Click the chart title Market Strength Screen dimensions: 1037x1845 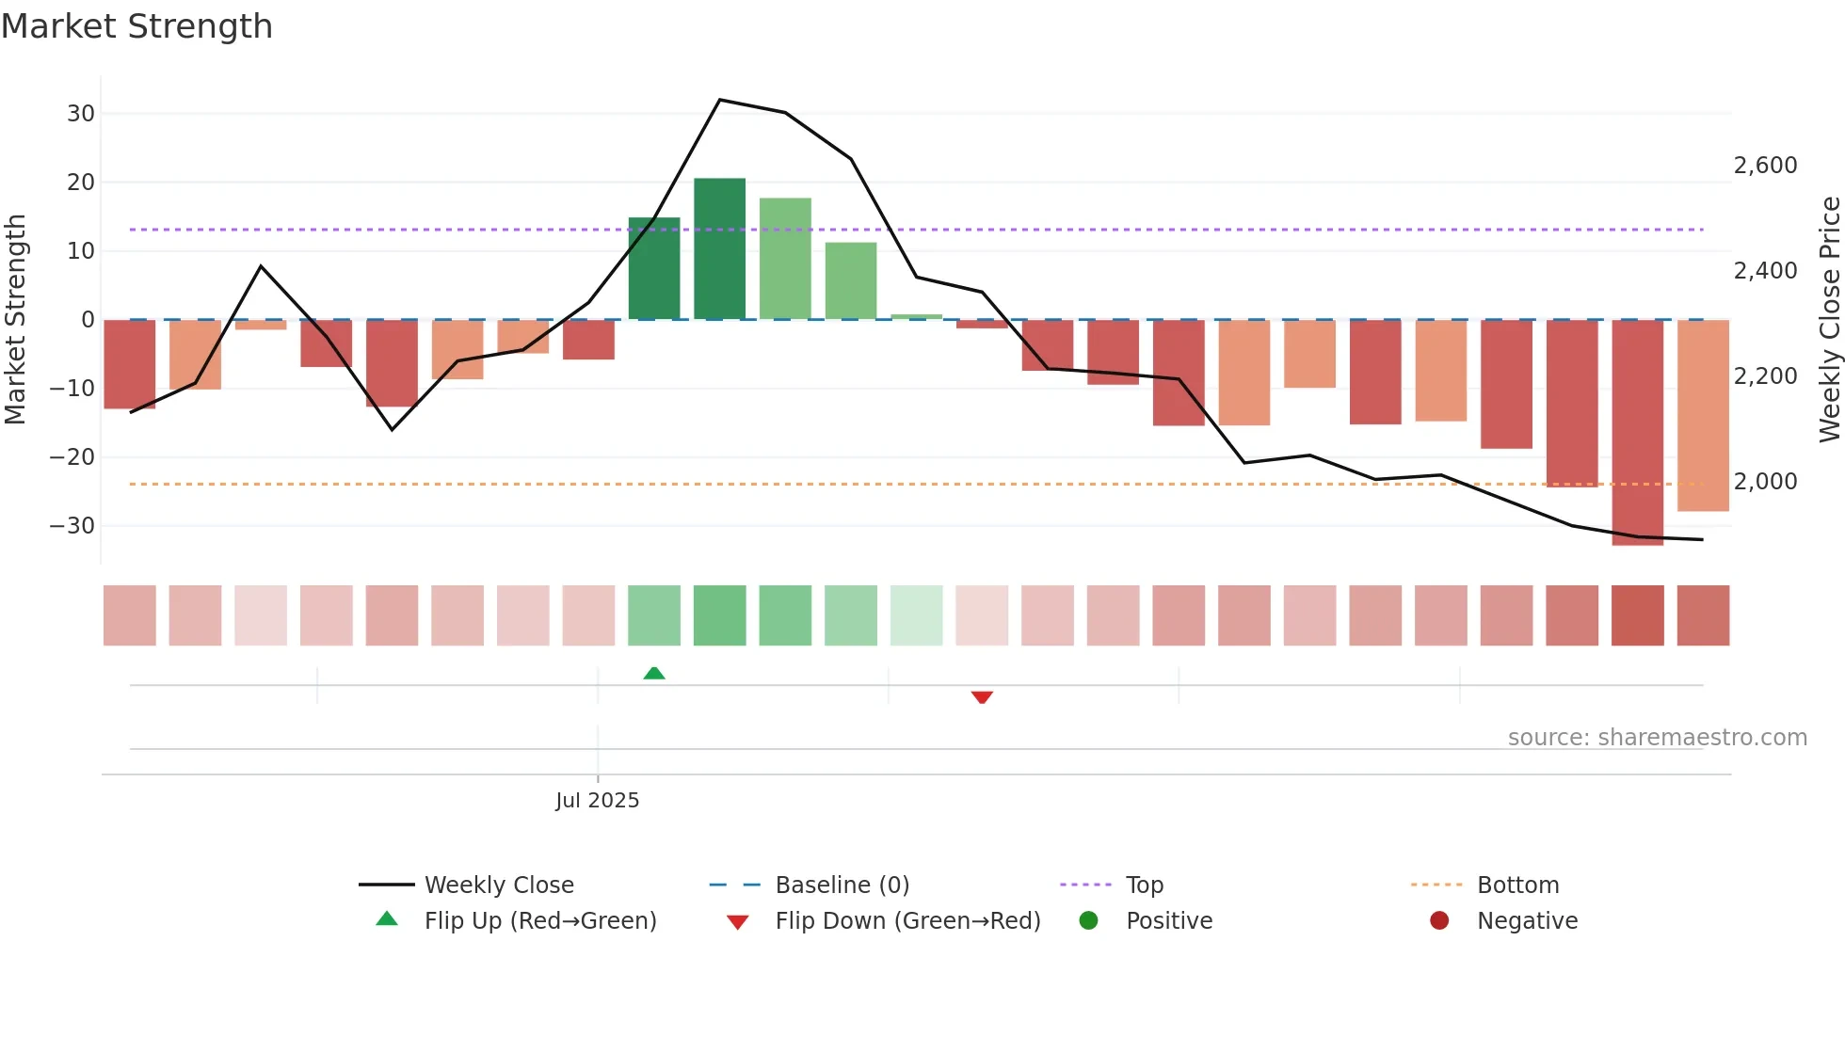pos(136,26)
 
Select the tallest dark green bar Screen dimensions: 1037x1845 pos(719,248)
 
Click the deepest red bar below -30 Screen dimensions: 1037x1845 pos(1637,433)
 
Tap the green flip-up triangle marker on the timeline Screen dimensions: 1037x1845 pos(654,673)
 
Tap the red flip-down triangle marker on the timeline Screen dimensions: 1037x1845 pos(982,697)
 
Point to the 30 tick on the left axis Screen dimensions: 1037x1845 pos(81,114)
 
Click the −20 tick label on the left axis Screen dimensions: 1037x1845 pos(72,457)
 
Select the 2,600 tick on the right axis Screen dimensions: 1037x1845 pos(1765,166)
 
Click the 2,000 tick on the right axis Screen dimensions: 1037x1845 pos(1765,482)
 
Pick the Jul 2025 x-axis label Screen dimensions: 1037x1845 pos(597,801)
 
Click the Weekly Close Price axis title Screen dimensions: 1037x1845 pos(1829,320)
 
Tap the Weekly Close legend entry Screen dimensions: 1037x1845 pos(498,885)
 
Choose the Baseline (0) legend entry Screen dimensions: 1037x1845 pos(842,885)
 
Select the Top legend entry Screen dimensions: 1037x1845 pos(1144,885)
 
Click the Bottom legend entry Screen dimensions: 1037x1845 pos(1517,885)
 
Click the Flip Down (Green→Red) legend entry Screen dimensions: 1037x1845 pos(906,921)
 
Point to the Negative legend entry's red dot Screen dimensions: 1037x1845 pos(1438,921)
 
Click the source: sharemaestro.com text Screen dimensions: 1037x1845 pos(1657,738)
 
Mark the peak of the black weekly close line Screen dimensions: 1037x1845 pos(719,100)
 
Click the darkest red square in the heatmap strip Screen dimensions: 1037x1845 pos(1637,615)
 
